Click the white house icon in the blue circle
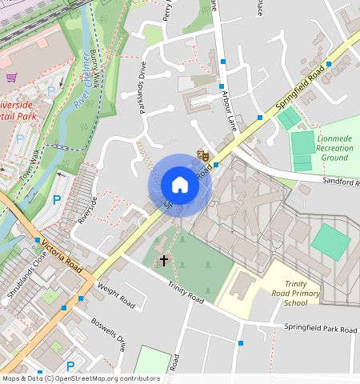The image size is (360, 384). (180, 186)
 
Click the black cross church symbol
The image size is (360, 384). (165, 260)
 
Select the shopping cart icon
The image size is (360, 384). (12, 78)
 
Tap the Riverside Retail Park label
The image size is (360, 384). (24, 110)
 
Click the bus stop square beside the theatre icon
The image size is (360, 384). (216, 164)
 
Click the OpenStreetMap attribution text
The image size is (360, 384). (80, 378)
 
